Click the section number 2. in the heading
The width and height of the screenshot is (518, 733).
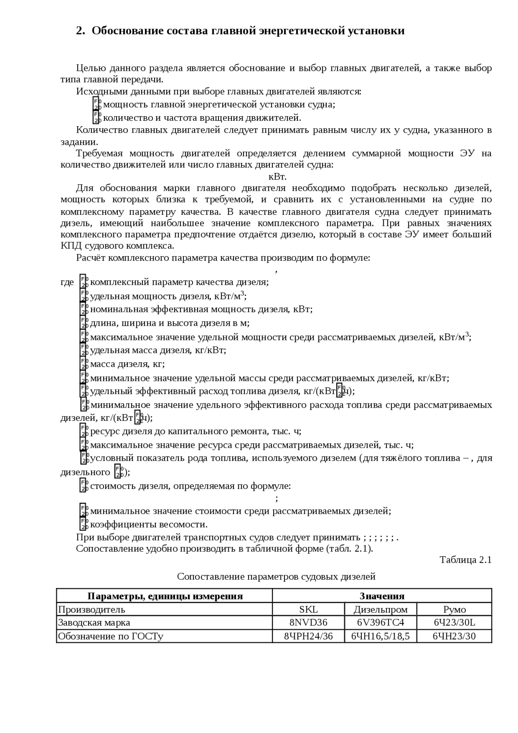(81, 31)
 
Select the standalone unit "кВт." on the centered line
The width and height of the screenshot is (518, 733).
(277, 176)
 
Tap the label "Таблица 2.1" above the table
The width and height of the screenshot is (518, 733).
(465, 560)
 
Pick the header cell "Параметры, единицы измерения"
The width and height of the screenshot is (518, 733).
(165, 596)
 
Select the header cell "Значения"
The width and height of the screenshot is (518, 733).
(382, 596)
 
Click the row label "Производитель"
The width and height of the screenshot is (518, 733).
(91, 609)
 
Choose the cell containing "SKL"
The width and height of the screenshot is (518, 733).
(308, 609)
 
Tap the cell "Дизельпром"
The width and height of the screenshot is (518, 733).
(380, 609)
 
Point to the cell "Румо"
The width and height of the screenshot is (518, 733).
(454, 609)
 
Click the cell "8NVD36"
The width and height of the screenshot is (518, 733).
(308, 623)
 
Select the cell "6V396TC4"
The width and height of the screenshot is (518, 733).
(380, 623)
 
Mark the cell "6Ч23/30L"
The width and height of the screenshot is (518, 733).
(454, 623)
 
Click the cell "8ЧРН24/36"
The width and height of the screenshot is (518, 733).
(308, 636)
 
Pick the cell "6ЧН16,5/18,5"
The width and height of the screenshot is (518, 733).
(380, 636)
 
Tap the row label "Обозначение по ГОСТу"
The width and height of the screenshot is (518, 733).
(110, 636)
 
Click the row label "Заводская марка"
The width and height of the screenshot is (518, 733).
(94, 623)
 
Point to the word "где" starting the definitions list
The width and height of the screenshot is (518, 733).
(67, 282)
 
